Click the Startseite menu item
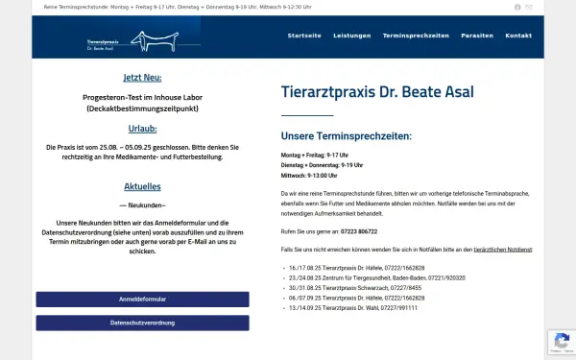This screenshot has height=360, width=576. pyautogui.click(x=304, y=36)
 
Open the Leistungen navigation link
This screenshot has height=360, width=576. pyautogui.click(x=351, y=36)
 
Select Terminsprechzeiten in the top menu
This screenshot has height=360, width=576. pyautogui.click(x=416, y=36)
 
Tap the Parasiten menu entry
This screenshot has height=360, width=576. pyautogui.click(x=477, y=36)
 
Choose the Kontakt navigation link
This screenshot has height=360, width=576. pyautogui.click(x=518, y=36)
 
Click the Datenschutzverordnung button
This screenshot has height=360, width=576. pyautogui.click(x=142, y=323)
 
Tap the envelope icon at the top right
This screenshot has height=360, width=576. pyautogui.click(x=529, y=7)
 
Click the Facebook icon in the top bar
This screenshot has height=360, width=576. pyautogui.click(x=517, y=7)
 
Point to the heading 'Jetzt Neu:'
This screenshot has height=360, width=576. pyautogui.click(x=142, y=78)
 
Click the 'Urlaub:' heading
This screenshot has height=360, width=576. pyautogui.click(x=142, y=128)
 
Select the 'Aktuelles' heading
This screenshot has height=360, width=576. pyautogui.click(x=142, y=186)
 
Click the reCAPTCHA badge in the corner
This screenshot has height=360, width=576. pyautogui.click(x=561, y=342)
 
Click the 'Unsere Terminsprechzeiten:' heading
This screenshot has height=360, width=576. pyautogui.click(x=346, y=136)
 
